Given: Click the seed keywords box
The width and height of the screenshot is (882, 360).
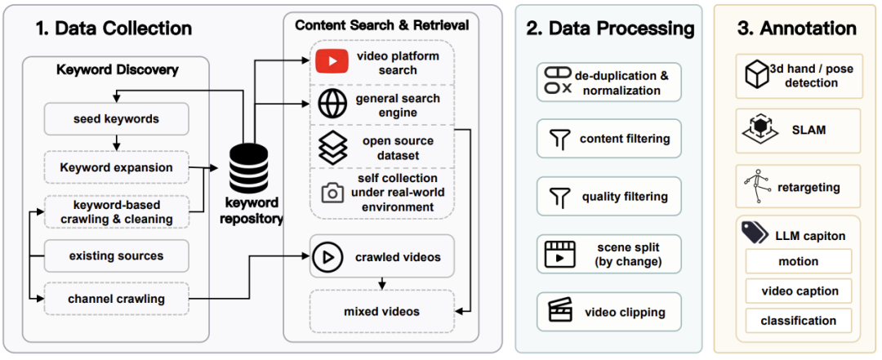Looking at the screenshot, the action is click(x=116, y=119).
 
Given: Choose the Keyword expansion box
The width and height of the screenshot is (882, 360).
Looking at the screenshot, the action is click(x=116, y=167).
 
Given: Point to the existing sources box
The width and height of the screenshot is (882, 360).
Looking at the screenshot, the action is click(x=116, y=256).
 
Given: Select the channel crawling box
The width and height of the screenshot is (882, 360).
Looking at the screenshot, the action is click(x=116, y=298).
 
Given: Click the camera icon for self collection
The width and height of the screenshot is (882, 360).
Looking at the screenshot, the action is click(x=332, y=193).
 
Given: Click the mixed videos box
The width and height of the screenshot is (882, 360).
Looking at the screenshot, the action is click(x=381, y=311).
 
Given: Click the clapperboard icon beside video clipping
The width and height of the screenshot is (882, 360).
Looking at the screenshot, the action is click(x=560, y=312).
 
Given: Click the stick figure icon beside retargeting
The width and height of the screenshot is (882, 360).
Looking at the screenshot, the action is click(x=757, y=187).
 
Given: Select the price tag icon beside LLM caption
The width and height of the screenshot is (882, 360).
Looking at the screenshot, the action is click(x=755, y=231).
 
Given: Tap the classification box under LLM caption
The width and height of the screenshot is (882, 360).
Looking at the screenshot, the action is click(x=798, y=321).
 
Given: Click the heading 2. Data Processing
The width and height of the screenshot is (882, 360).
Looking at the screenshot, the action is click(x=610, y=29).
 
